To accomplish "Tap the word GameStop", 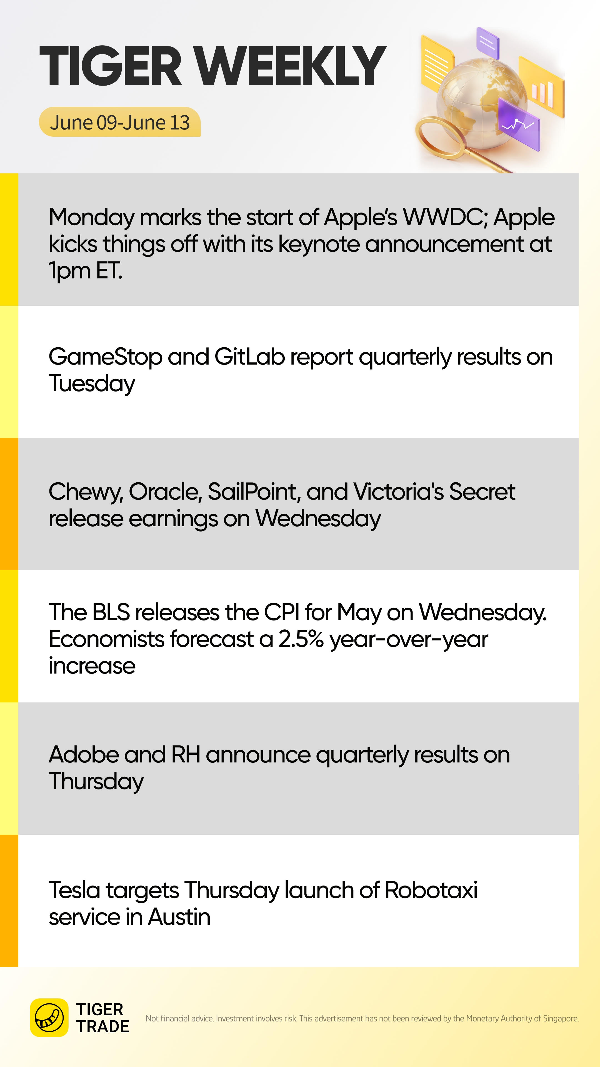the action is click(106, 357).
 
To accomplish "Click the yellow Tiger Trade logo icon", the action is click(49, 1018).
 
